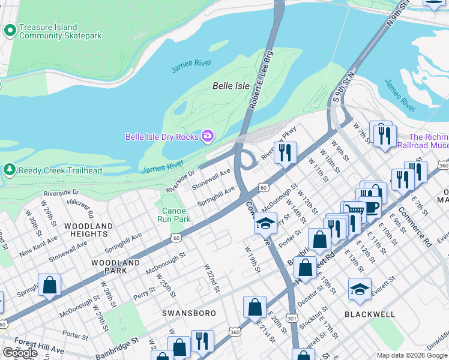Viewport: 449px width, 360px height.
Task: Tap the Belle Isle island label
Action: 231,86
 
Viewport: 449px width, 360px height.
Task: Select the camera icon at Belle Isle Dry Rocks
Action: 208,137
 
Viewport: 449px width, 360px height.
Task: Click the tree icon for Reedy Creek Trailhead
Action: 10,170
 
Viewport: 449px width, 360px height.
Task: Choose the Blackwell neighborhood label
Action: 370,314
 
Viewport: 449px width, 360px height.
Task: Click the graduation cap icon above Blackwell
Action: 360,289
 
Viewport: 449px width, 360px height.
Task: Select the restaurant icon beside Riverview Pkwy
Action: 285,152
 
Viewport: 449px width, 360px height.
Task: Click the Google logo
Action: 20,353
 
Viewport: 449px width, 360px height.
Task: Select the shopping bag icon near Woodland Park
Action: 49,285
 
